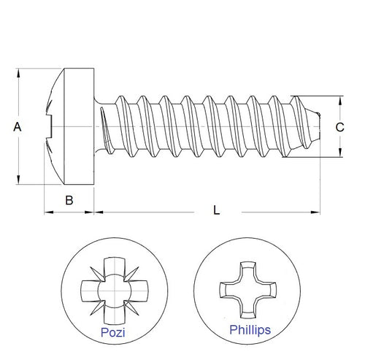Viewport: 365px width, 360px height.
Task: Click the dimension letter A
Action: click(18, 126)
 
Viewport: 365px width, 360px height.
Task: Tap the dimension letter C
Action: click(339, 126)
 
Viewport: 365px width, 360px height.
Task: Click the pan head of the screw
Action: click(73, 126)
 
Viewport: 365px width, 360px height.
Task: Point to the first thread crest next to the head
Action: click(117, 99)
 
